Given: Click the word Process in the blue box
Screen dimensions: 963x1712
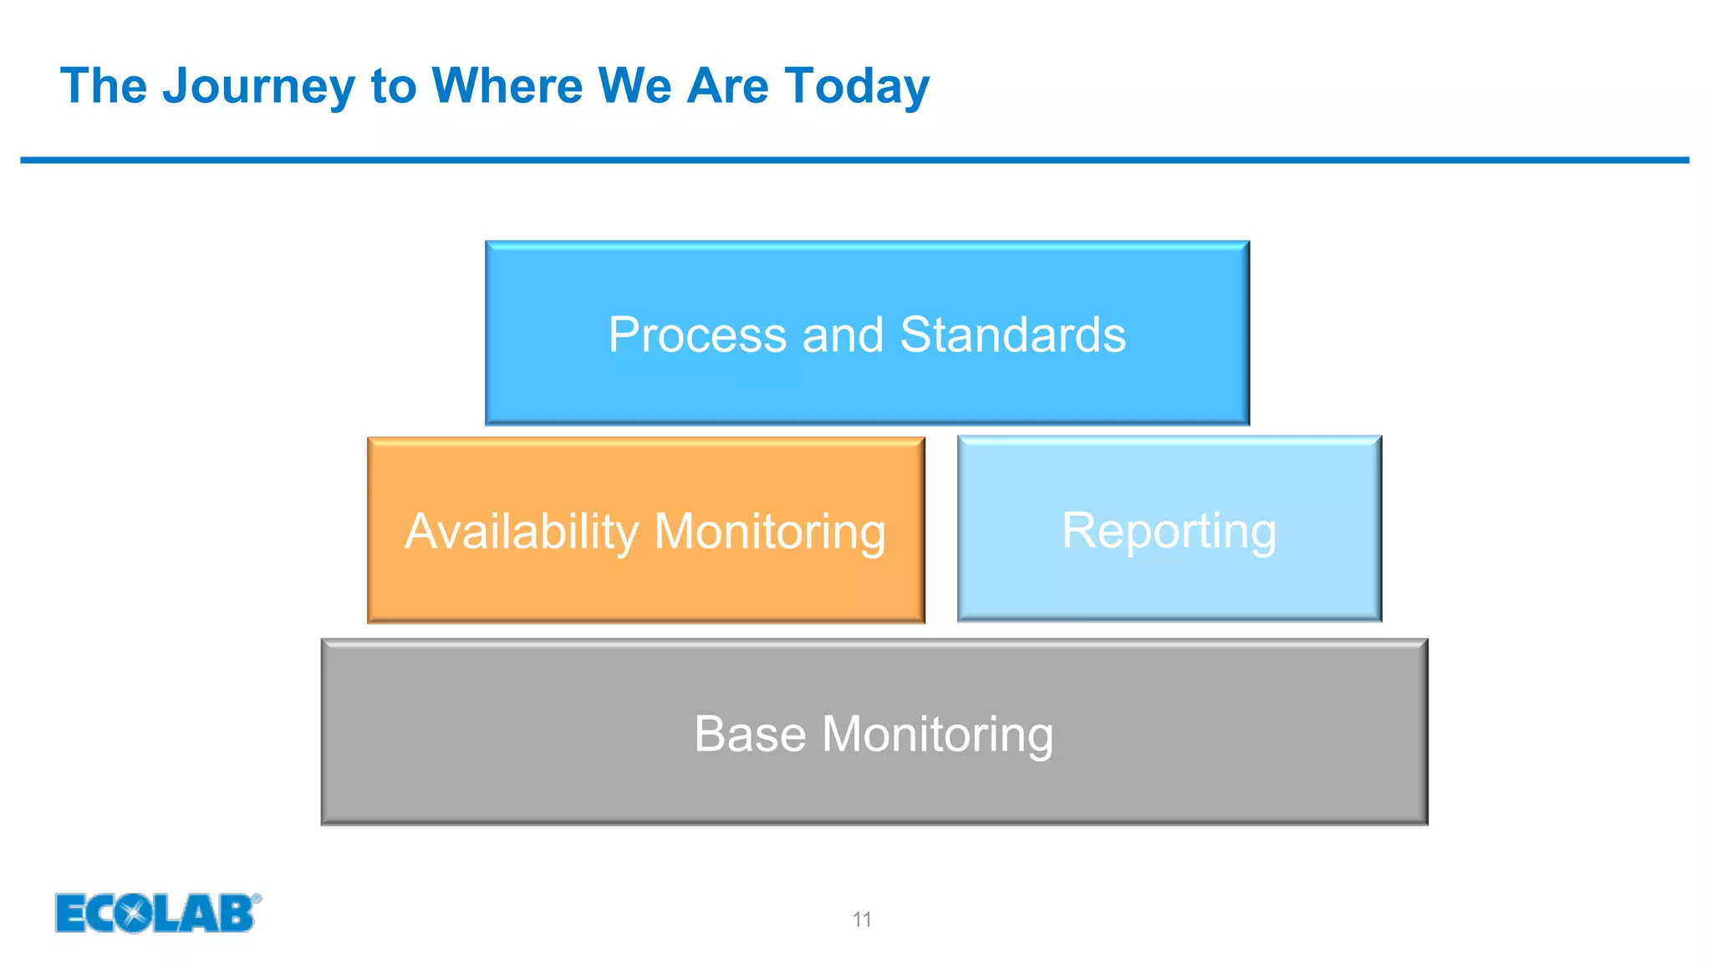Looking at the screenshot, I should (x=697, y=335).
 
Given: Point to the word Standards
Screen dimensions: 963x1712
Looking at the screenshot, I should (x=1012, y=335).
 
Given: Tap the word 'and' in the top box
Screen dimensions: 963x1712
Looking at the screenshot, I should (x=843, y=335).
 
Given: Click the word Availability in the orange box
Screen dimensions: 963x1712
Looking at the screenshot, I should (x=522, y=532).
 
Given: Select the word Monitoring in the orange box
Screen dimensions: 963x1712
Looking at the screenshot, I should (x=770, y=532).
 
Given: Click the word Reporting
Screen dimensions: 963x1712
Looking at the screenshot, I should (x=1169, y=531).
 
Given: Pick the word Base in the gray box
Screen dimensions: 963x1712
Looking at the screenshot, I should (x=750, y=734).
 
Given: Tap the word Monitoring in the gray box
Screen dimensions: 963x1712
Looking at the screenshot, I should (x=937, y=734).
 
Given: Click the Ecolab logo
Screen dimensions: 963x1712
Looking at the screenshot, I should (x=155, y=913).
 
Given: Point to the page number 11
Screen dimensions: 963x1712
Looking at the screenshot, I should (x=862, y=920).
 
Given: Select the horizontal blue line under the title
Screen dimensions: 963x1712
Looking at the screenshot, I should (x=854, y=160).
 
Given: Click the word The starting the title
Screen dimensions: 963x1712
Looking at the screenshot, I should (x=104, y=86).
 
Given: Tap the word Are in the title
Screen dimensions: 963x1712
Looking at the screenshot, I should (x=727, y=86).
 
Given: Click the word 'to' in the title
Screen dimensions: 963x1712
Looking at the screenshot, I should (x=393, y=86).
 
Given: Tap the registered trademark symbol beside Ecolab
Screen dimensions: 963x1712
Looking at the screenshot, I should (x=257, y=899).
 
